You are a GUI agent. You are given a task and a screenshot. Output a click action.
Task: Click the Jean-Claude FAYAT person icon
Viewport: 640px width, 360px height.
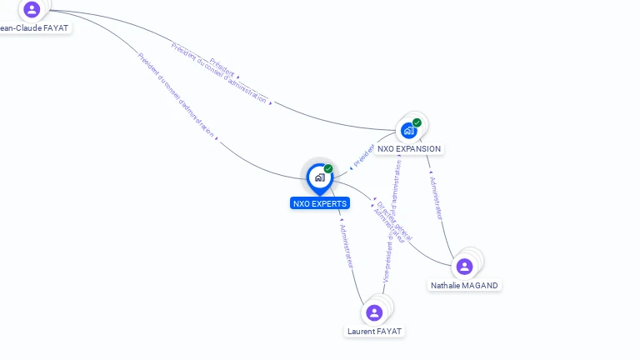tap(32, 9)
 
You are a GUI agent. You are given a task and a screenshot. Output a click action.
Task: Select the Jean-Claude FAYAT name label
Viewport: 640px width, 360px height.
tap(34, 27)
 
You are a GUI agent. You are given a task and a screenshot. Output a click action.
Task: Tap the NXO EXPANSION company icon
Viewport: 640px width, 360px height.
tap(408, 131)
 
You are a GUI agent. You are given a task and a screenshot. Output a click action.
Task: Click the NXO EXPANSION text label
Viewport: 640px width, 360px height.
tap(408, 149)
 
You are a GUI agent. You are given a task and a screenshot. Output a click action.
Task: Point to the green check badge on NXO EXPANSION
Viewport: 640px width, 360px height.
tap(417, 122)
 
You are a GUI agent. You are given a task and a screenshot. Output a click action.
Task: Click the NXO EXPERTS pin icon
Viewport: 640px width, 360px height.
tap(319, 177)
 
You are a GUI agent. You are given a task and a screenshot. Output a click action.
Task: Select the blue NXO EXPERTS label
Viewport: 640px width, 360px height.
tap(320, 203)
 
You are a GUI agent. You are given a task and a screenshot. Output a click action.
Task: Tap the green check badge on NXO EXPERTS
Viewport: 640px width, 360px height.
tap(328, 169)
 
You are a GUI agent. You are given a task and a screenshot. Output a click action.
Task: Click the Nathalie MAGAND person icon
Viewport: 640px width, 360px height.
tap(464, 267)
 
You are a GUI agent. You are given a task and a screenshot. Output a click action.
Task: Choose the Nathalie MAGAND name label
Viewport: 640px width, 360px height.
tap(464, 285)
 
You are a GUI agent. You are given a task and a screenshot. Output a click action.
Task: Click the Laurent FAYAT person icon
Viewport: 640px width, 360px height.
tap(374, 312)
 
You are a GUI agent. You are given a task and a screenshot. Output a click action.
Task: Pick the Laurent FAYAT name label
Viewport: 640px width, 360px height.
tap(374, 331)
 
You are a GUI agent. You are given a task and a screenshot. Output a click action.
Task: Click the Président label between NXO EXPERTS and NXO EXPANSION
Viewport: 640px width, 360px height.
tap(363, 155)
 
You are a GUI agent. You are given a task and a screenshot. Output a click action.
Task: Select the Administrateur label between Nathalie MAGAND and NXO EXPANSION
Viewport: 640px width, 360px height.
tap(436, 197)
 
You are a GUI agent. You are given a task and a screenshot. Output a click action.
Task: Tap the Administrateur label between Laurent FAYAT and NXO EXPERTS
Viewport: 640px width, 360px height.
tap(347, 245)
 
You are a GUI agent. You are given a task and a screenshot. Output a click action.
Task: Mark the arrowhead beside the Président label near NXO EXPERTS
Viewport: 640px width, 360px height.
tap(351, 167)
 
